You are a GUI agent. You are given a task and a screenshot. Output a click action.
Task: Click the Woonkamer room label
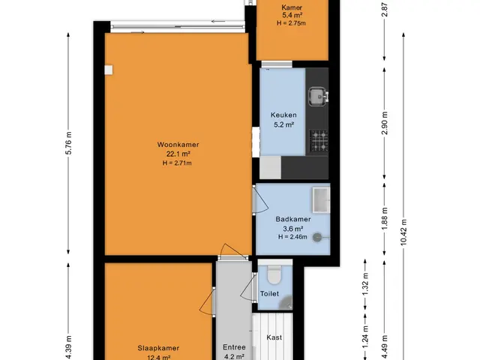point(178,145)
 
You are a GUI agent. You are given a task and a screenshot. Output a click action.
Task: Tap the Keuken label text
point(283,115)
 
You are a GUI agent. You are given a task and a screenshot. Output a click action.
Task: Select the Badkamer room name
point(293,219)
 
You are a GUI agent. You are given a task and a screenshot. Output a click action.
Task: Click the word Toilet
point(269,294)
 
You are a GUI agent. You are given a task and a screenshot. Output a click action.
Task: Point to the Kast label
point(274,337)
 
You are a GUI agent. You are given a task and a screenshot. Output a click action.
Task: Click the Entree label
point(234,347)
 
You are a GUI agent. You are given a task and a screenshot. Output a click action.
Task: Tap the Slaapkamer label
point(158,348)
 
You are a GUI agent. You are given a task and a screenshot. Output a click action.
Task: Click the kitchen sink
point(318,97)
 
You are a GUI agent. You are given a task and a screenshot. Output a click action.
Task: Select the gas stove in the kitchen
point(319,141)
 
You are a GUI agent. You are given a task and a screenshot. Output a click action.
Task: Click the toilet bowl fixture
point(274,275)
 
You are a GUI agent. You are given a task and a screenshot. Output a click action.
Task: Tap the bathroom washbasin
point(321,199)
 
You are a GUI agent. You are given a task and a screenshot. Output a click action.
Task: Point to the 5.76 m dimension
point(68,143)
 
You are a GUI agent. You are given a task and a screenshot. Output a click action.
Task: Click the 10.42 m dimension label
point(403,232)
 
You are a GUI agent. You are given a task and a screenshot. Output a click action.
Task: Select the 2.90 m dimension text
point(385,123)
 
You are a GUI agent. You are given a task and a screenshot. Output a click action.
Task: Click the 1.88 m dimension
point(385,218)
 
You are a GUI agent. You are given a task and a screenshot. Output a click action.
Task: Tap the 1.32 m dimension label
point(365,285)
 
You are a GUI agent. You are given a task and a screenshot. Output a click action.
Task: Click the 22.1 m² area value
point(178,154)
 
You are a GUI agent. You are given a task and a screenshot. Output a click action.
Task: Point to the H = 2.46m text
point(292,237)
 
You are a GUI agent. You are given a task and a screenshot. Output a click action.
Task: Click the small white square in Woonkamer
point(108,70)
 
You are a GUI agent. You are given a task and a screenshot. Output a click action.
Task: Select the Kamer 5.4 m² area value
point(292,15)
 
